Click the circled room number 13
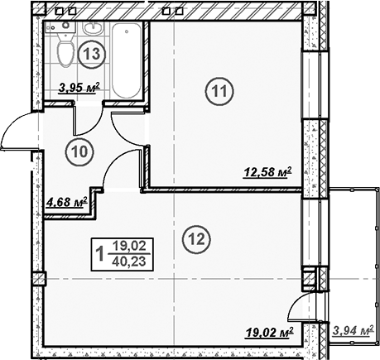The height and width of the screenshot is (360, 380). point(93,55)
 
